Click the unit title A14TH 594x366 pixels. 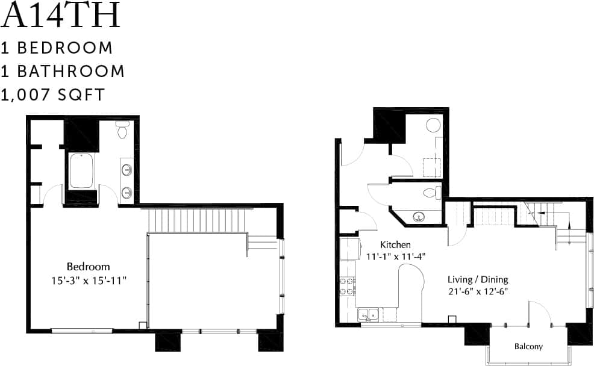point(61,16)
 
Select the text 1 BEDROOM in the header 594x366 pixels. point(57,48)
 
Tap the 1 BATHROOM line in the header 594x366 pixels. point(63,71)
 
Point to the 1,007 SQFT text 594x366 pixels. point(54,95)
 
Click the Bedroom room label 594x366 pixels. point(88,266)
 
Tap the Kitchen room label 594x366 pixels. point(395,244)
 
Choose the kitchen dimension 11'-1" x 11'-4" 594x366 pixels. point(395,255)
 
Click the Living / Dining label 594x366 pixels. point(477,279)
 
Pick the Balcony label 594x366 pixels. point(528,346)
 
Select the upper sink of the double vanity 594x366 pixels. point(127,169)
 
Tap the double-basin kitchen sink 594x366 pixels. point(368,314)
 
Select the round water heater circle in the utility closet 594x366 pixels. point(433,125)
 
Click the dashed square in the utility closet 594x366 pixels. point(431,167)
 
